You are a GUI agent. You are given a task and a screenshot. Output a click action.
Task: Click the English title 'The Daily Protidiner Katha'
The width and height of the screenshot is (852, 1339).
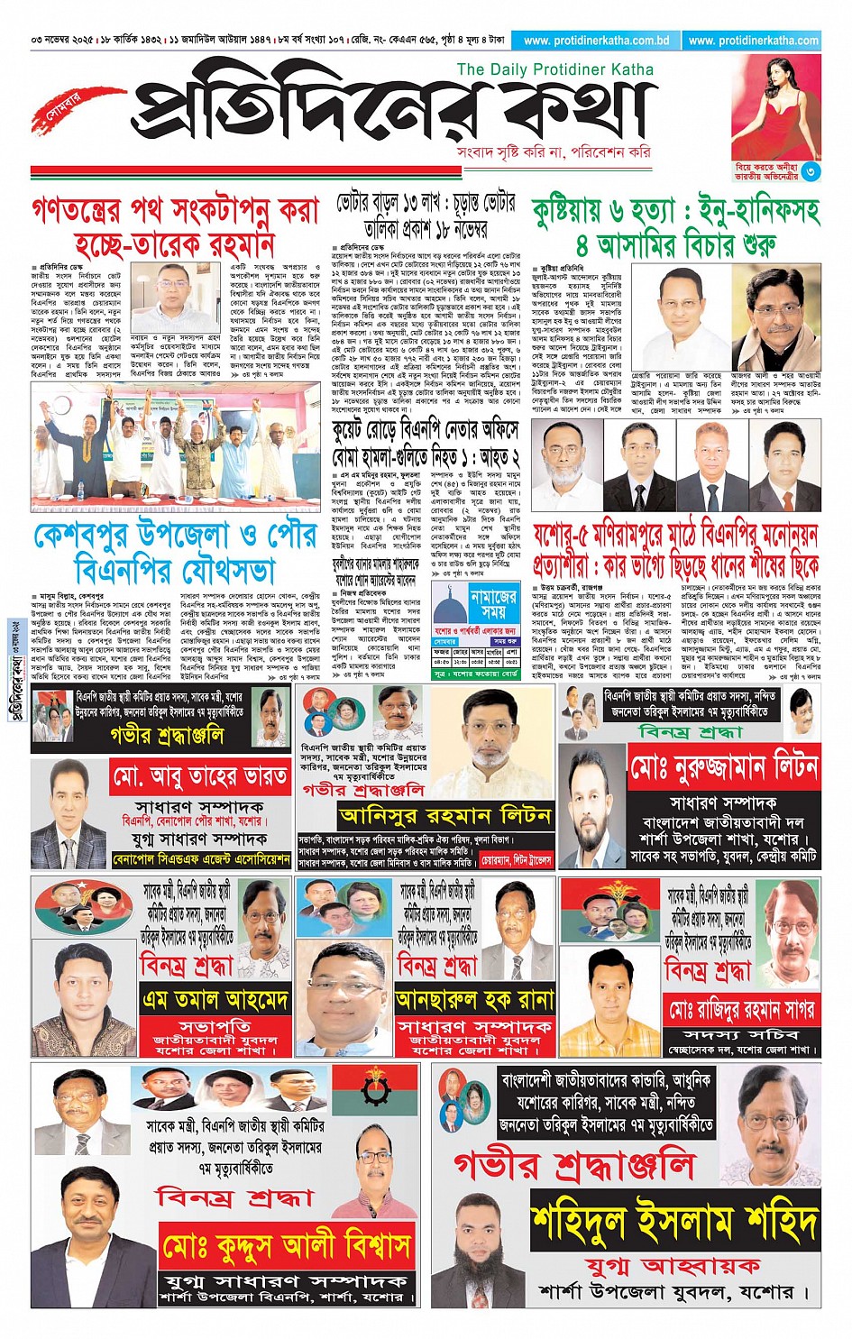click(x=554, y=69)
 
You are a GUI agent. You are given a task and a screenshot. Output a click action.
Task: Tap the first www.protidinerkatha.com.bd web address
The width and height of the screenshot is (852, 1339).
click(x=596, y=41)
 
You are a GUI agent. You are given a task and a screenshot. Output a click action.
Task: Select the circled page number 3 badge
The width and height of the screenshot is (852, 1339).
click(x=811, y=170)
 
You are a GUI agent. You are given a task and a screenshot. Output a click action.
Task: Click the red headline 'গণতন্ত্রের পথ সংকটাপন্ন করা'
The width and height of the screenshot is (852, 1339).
click(x=176, y=210)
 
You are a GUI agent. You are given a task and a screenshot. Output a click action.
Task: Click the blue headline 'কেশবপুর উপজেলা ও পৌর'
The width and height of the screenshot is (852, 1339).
click(x=176, y=536)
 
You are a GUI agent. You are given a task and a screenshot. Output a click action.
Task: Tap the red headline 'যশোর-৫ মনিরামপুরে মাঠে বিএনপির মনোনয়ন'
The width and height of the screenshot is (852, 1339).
click(x=675, y=537)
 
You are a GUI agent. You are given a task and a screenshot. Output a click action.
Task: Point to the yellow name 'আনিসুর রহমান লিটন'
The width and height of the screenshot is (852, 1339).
click(x=444, y=816)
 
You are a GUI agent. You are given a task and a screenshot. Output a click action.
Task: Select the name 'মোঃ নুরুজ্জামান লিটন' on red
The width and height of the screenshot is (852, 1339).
click(x=723, y=769)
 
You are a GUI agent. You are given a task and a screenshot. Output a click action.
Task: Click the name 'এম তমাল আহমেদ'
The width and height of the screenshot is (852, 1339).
click(x=215, y=1000)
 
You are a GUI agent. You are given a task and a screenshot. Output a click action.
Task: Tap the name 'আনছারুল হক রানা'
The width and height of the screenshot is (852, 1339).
click(x=474, y=1000)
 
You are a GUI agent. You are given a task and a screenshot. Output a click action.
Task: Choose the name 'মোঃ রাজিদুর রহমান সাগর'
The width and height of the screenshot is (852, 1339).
click(x=739, y=1009)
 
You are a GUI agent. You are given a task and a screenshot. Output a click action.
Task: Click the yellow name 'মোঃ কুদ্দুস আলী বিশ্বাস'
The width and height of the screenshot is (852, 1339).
click(x=287, y=1246)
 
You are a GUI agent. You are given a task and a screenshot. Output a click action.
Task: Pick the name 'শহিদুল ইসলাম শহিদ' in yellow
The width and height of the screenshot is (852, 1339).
click(x=674, y=1223)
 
